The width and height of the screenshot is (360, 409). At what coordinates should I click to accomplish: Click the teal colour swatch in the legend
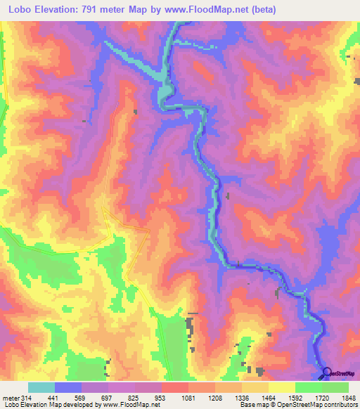click(x=41, y=388)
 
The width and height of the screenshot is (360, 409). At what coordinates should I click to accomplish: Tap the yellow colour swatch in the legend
click(x=281, y=388)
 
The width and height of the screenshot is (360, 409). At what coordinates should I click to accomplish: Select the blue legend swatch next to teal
click(x=68, y=388)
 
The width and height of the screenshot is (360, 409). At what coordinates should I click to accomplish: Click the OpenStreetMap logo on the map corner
click(x=340, y=372)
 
